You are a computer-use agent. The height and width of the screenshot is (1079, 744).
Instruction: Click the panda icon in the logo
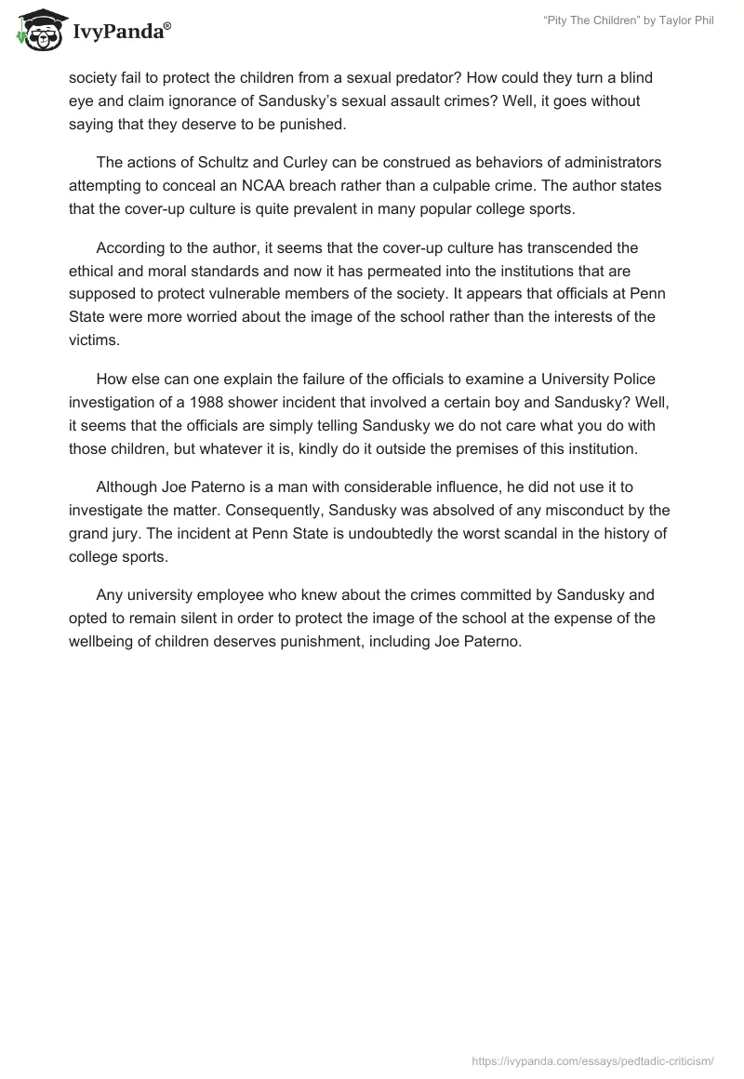[37, 32]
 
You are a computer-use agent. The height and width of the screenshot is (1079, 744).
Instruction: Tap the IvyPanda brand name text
[121, 33]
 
